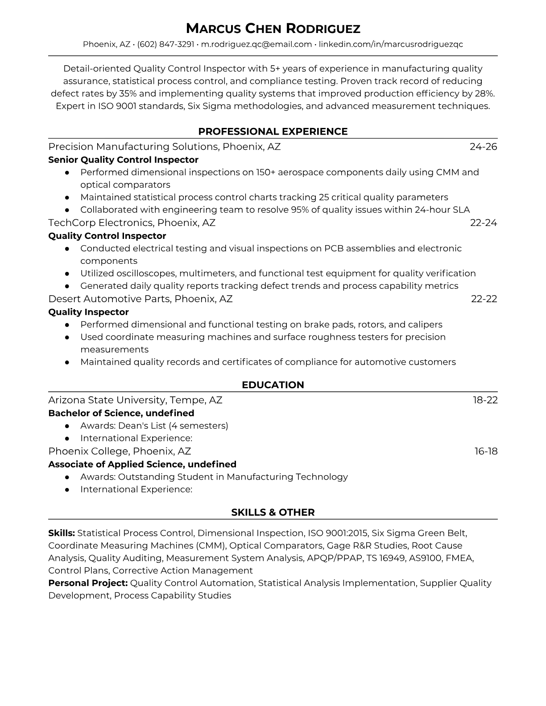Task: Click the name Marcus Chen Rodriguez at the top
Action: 273,29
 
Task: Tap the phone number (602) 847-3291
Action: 165,44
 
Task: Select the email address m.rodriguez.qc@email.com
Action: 256,44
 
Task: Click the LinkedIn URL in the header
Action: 391,44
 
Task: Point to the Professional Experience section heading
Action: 273,131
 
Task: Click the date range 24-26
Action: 483,147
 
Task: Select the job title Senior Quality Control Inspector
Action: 123,160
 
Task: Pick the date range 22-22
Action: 484,299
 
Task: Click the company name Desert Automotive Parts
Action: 109,299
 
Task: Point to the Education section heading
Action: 273,385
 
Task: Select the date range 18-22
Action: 485,400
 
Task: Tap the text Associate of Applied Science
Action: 116,464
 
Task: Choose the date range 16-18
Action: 485,452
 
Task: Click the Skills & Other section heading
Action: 273,513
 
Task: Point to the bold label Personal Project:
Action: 88,583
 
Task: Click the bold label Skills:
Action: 62,533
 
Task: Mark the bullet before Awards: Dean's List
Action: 67,426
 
